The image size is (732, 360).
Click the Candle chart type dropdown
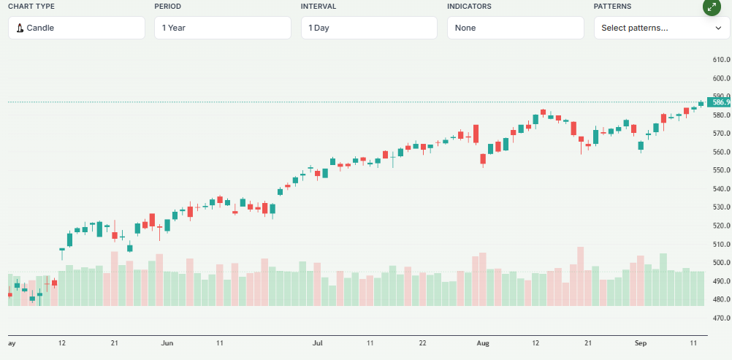(77, 28)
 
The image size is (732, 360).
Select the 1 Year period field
(223, 28)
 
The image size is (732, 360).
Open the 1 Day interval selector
(369, 28)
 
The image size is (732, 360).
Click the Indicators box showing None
(515, 28)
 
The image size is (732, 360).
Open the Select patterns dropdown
(661, 28)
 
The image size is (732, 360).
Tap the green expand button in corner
(712, 7)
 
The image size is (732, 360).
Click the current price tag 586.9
(718, 103)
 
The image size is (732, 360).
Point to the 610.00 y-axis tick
(721, 60)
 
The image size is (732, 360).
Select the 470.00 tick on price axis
(721, 318)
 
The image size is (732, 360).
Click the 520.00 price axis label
(721, 226)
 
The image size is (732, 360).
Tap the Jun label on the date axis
(167, 342)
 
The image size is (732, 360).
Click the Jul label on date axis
(318, 342)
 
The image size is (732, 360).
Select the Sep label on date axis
(641, 342)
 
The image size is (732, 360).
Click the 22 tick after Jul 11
(423, 342)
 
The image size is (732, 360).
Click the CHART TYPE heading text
(31, 7)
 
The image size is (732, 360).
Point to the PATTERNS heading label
(614, 7)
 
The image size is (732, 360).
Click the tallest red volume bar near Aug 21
(581, 277)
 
